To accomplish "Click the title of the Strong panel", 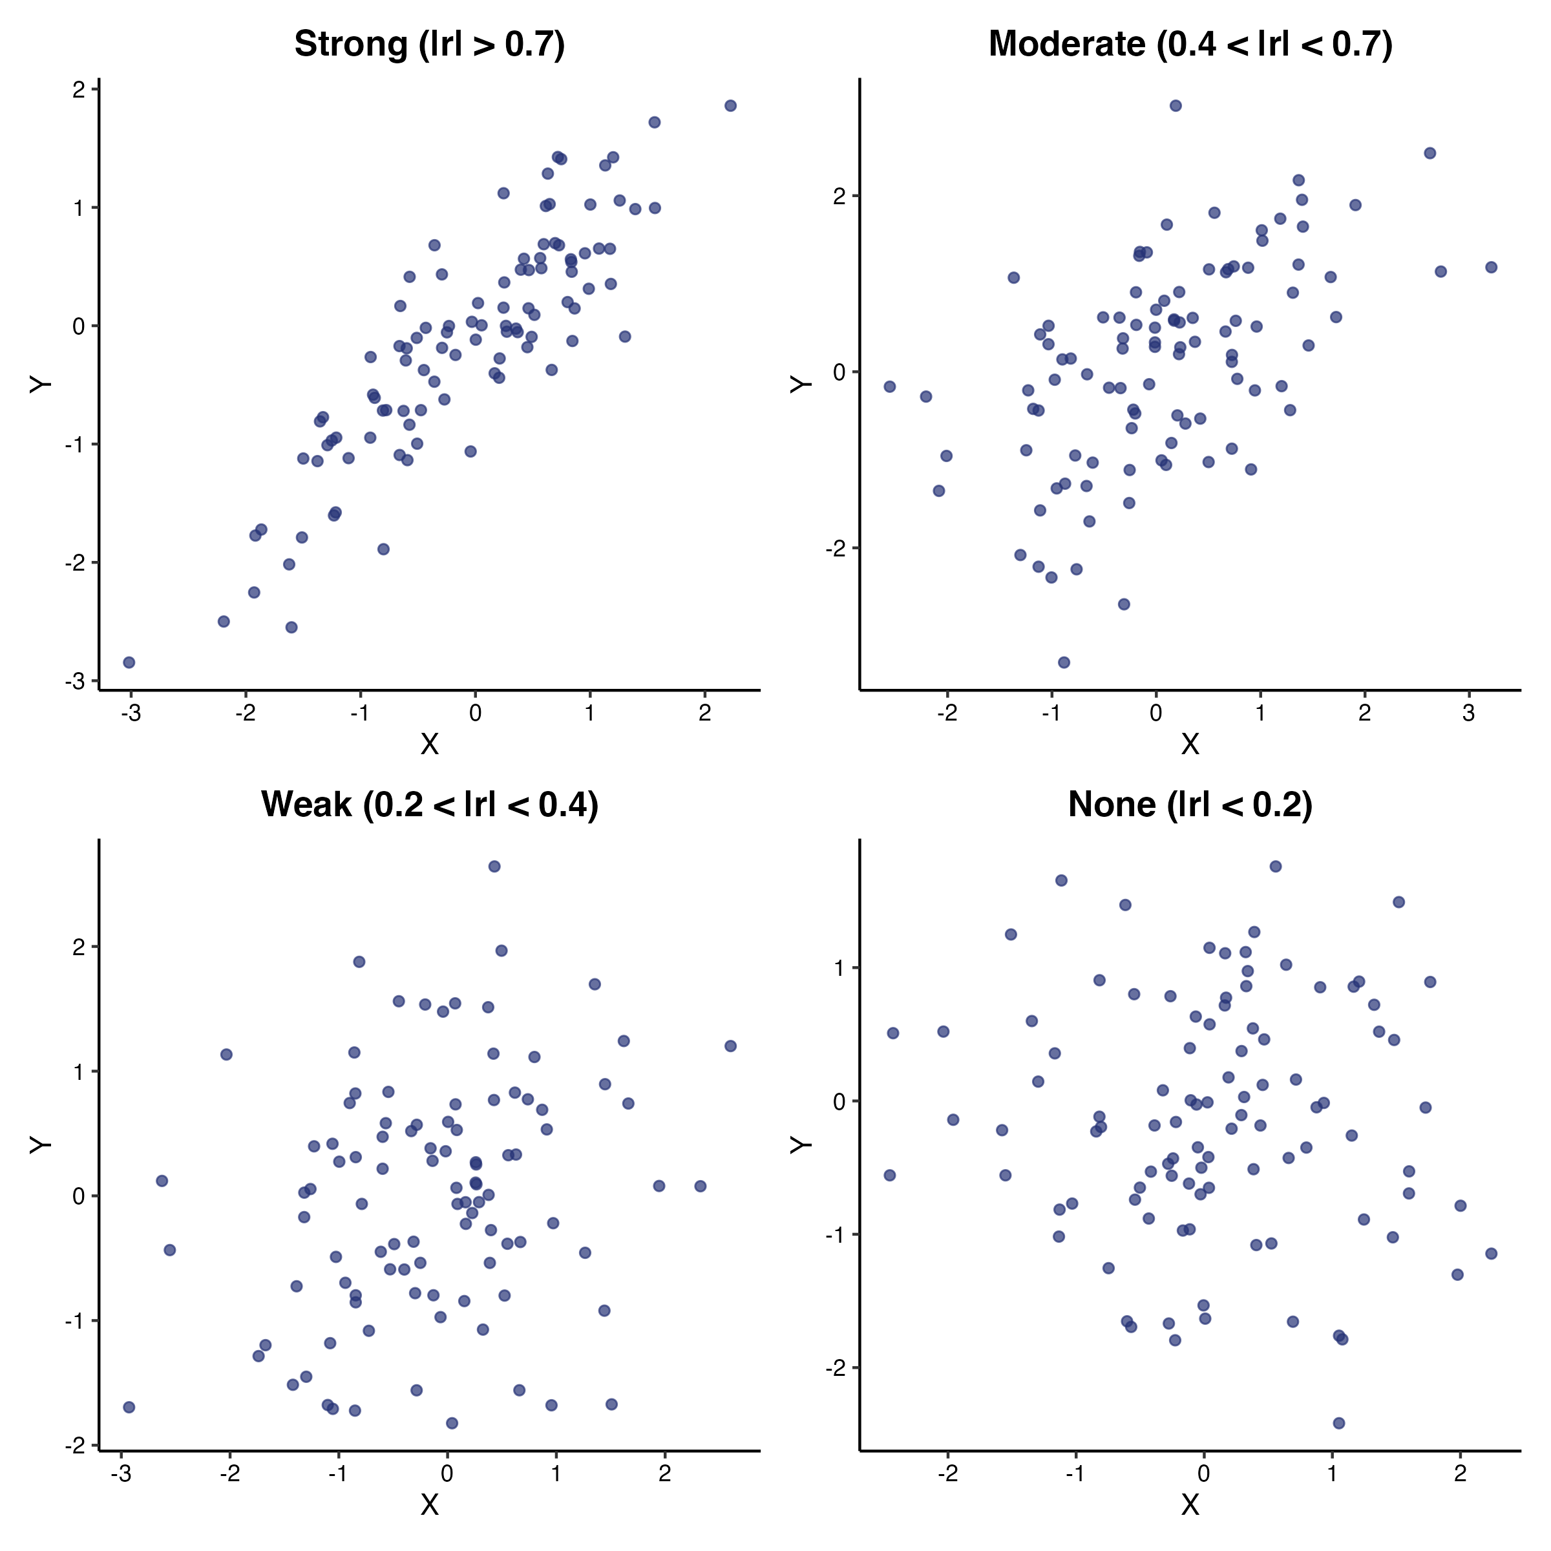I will [430, 44].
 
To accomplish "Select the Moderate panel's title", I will [1190, 44].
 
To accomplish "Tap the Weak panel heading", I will [430, 805].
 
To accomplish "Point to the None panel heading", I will [1190, 805].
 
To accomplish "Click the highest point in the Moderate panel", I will [1176, 106].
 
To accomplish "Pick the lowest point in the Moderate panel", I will [1064, 662].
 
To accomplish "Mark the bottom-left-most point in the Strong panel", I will [129, 662].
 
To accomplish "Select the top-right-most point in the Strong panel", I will [730, 106].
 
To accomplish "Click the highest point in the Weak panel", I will [494, 866].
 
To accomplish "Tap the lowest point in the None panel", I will [1338, 1423].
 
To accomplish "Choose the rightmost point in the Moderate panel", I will [1492, 268].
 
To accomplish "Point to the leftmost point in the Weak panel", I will [129, 1408].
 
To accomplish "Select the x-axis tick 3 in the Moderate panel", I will [1468, 713].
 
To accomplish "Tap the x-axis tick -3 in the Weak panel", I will [121, 1473].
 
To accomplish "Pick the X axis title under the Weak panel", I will [430, 1504].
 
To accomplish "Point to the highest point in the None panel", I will [1276, 866].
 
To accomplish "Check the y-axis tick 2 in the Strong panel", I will [78, 90].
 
